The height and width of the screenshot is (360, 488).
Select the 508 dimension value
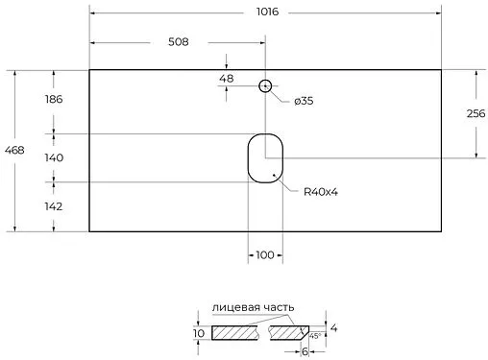point(178,42)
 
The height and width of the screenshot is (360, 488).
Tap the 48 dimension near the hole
point(227,79)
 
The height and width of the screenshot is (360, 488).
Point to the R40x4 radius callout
point(321,192)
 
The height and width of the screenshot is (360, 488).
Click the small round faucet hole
point(265,85)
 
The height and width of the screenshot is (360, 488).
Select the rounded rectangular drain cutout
point(265,157)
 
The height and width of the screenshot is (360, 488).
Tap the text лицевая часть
point(254,306)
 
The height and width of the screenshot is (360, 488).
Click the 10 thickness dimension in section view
point(198,333)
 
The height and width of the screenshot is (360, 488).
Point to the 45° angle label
point(314,336)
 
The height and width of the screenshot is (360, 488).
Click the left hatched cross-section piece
point(235,333)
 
